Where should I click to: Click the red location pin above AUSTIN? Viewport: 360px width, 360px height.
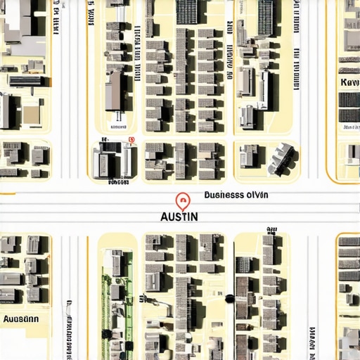point(183,201)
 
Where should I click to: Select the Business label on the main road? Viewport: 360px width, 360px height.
point(236,195)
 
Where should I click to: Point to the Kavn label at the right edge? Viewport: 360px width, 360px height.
point(349,82)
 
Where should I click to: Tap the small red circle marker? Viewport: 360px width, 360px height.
point(133,139)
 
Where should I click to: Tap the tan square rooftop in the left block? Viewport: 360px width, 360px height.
point(32,113)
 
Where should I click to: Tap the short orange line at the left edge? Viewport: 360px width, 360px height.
point(7,193)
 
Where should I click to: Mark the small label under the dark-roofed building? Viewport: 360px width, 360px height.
point(119,182)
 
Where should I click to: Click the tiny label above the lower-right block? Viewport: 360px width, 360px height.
point(271,230)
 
